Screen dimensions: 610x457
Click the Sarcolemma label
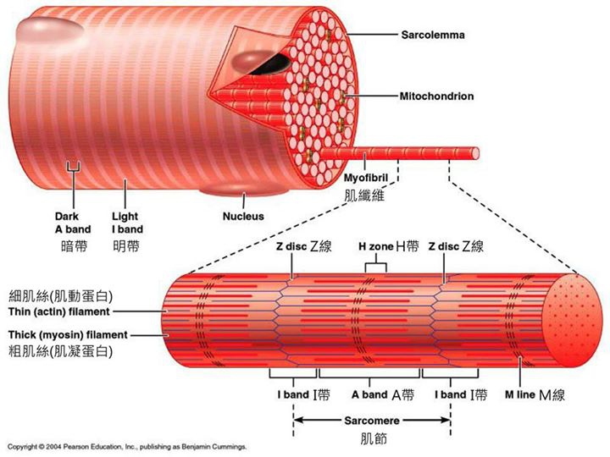click(x=433, y=35)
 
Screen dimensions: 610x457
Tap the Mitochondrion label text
click(x=436, y=96)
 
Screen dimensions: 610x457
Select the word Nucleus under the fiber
click(x=243, y=216)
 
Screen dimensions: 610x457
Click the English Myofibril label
click(x=366, y=178)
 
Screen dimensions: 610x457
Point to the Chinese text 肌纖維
click(x=364, y=195)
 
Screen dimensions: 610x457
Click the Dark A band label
click(x=73, y=223)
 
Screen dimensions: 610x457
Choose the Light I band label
click(x=127, y=223)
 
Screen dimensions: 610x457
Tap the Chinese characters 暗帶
click(x=74, y=246)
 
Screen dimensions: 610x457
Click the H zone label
click(x=375, y=246)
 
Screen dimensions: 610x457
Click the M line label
click(x=519, y=395)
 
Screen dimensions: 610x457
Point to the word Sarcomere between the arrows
click(x=372, y=421)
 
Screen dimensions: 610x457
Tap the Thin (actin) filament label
click(x=59, y=311)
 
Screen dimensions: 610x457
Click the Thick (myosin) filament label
click(x=68, y=334)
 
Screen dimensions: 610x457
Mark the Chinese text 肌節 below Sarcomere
click(x=374, y=438)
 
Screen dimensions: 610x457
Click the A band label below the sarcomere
click(x=369, y=395)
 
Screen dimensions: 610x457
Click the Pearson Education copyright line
click(x=127, y=447)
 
